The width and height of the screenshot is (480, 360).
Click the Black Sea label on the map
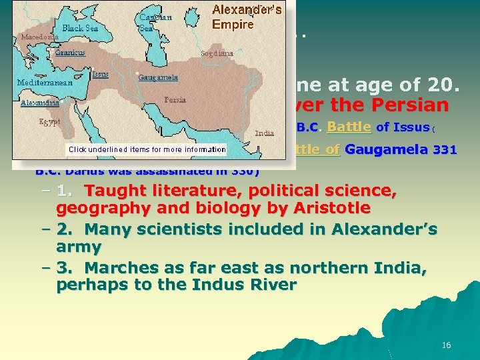[80, 28]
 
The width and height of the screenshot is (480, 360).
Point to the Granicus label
[70, 53]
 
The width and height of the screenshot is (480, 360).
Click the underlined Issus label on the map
[101, 74]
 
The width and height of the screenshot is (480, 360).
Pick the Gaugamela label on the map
[158, 77]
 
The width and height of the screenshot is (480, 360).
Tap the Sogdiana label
[217, 53]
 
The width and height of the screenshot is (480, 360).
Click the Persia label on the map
[175, 99]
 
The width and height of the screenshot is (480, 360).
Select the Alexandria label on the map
[40, 103]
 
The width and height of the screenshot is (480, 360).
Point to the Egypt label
[50, 122]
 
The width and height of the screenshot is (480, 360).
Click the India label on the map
[265, 133]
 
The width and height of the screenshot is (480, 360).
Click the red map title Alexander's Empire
[246, 17]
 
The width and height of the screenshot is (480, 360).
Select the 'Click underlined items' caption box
[147, 149]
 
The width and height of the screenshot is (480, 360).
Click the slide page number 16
[446, 345]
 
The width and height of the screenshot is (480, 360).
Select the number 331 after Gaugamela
[445, 150]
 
